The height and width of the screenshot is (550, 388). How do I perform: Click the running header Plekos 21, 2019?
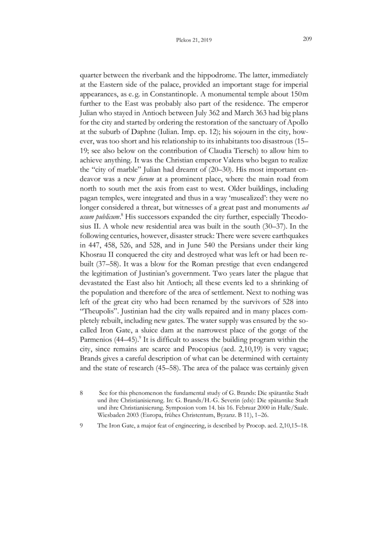[194, 40]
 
